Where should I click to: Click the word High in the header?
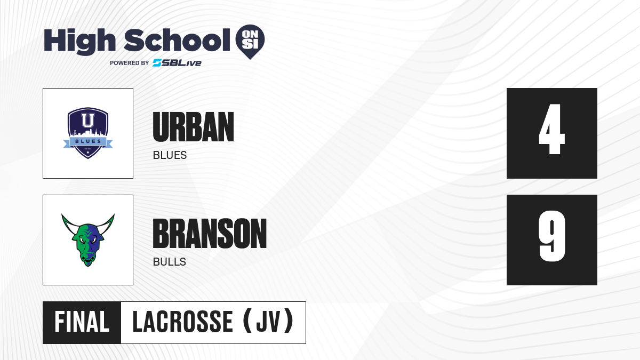click(x=79, y=42)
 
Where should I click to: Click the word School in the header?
click(x=177, y=41)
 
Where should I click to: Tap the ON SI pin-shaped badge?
click(x=250, y=42)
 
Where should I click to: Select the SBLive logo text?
click(x=177, y=63)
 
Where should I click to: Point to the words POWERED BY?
click(x=130, y=63)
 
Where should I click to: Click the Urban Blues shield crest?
click(x=88, y=133)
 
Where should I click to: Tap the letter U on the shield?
click(x=87, y=121)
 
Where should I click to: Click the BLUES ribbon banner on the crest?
click(x=88, y=142)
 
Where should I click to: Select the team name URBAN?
click(x=194, y=127)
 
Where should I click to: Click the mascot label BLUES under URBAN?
click(x=170, y=155)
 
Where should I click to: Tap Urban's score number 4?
click(x=551, y=129)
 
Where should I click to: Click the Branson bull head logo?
click(x=88, y=240)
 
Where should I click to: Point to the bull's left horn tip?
click(x=62, y=214)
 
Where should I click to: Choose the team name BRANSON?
click(x=210, y=234)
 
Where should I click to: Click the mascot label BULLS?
click(x=170, y=262)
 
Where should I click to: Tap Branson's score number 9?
click(x=551, y=236)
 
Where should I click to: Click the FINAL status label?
click(x=82, y=322)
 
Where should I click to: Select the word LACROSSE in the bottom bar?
click(x=182, y=322)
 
